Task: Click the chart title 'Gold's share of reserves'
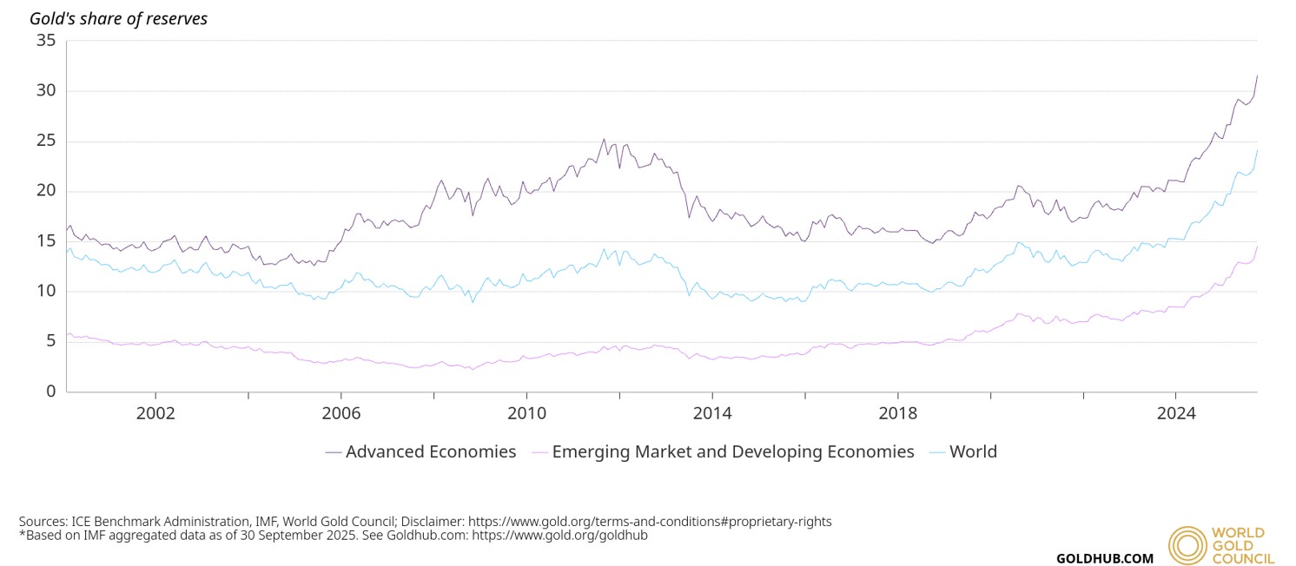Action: (119, 18)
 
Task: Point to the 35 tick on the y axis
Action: (46, 41)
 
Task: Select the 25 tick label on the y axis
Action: (46, 141)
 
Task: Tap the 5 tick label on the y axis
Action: (50, 341)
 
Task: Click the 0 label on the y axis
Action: (50, 392)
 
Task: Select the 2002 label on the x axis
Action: (155, 413)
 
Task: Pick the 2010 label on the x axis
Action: (526, 413)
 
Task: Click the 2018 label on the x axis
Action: (897, 413)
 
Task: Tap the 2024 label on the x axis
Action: (1176, 413)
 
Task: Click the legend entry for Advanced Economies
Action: (420, 452)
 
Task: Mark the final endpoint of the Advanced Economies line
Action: (1257, 76)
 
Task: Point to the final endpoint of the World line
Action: (1257, 150)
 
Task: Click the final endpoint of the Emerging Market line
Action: (1257, 246)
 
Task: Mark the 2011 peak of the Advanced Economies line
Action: (604, 139)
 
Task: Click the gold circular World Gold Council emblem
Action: (1187, 546)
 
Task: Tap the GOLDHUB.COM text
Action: (1105, 558)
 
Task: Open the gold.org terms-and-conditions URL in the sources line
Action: (650, 522)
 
